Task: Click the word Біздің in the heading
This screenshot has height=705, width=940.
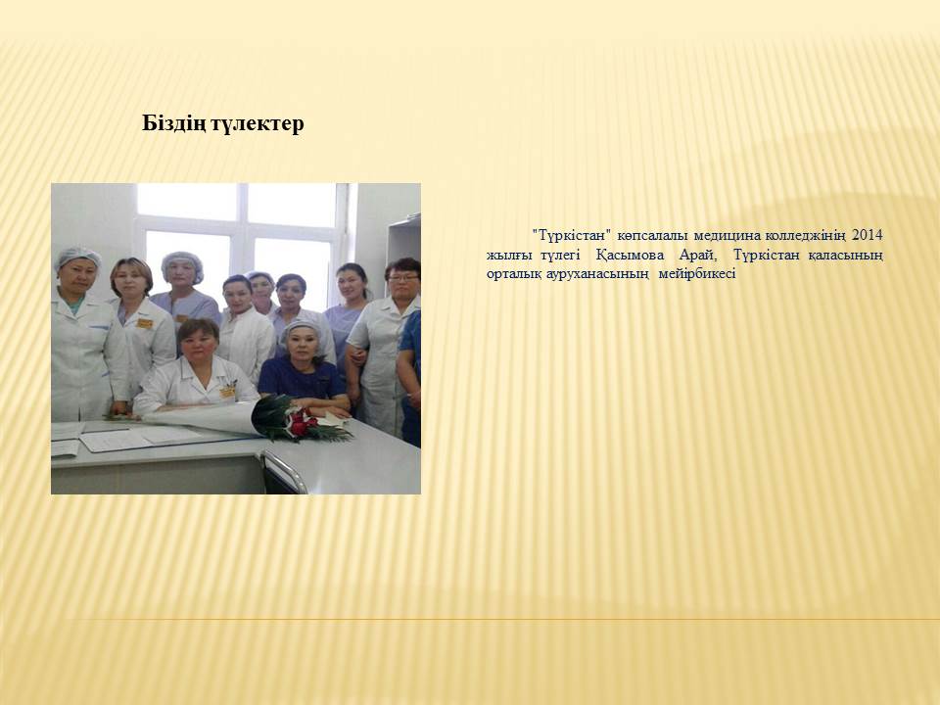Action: [173, 124]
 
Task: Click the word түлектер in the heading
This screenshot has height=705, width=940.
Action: [258, 124]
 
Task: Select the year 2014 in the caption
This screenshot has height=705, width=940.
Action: [868, 235]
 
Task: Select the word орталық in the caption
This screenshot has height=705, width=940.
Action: [513, 274]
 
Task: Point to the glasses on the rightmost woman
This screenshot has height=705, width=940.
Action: [402, 278]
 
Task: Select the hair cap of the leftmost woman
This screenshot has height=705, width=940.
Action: [79, 257]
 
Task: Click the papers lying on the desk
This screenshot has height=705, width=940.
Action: [117, 436]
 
